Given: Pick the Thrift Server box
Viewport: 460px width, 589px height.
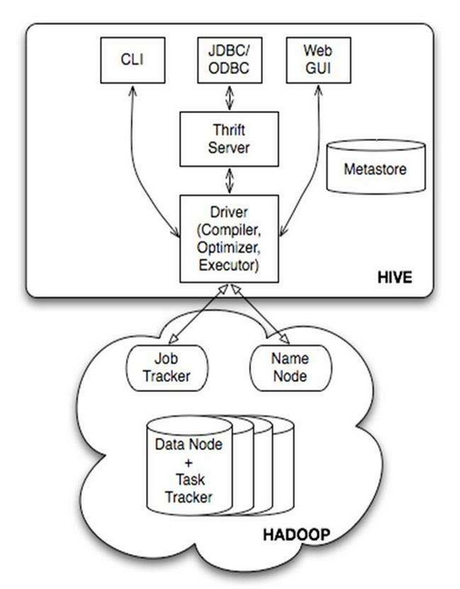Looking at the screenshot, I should point(224,137).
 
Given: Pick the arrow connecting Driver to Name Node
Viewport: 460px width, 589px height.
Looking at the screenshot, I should point(255,316).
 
